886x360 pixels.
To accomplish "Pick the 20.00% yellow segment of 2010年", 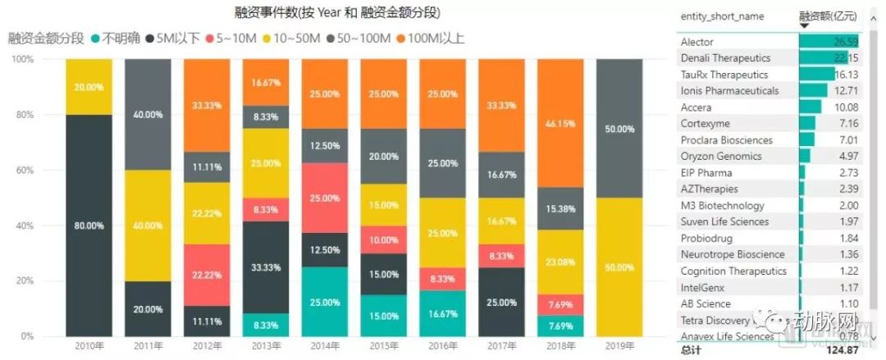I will (x=89, y=87).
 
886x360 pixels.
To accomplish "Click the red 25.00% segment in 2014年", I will (x=326, y=198).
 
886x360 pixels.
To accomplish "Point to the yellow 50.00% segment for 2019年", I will (x=621, y=267).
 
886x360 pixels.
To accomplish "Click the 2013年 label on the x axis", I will (x=267, y=346).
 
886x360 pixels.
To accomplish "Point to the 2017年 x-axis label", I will (x=503, y=346).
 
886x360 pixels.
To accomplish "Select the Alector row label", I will (x=696, y=42).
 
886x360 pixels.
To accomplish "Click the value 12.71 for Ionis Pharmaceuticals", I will (x=846, y=90).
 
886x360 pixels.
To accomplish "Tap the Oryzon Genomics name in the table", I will (x=721, y=156).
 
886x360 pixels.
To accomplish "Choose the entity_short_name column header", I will (x=722, y=16).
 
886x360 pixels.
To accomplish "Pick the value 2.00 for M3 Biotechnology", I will (x=848, y=205).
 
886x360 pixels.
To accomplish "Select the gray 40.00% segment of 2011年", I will (x=148, y=115).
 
